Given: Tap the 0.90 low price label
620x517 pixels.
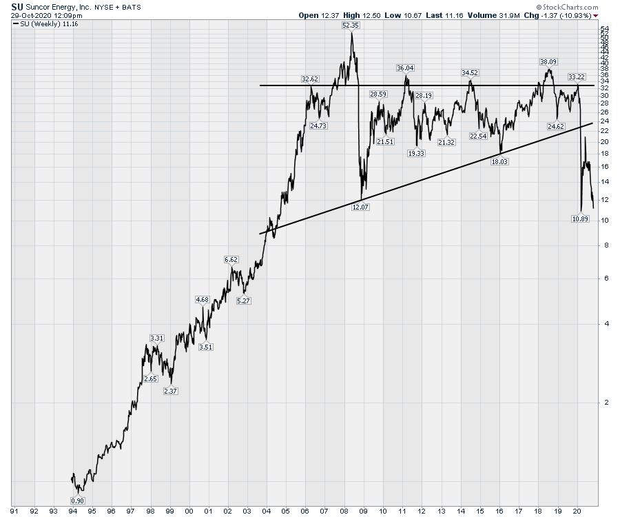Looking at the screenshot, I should [x=77, y=500].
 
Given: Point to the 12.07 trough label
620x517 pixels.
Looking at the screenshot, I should [x=360, y=207].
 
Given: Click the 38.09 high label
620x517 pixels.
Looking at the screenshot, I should [x=548, y=61].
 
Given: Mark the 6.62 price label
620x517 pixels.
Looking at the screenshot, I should [x=231, y=259].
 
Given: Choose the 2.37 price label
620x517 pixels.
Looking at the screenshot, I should [x=170, y=391].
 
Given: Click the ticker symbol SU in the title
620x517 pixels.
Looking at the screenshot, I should [x=17, y=6].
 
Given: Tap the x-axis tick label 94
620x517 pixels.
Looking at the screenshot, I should [x=73, y=511].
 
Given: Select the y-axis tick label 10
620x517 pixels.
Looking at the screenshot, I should [x=604, y=221].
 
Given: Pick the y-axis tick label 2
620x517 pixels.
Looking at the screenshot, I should [x=604, y=402].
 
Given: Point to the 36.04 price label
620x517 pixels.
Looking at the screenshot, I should [x=405, y=68].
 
